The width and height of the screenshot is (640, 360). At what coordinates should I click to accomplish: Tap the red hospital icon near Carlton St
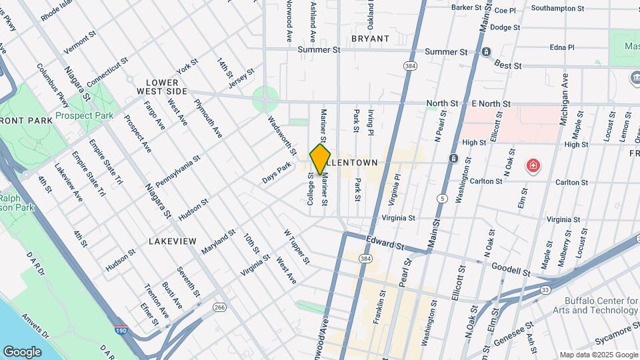(x=533, y=165)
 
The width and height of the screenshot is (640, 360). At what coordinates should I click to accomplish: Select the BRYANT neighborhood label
(x=370, y=39)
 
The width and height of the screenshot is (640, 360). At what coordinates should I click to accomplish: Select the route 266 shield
(x=219, y=307)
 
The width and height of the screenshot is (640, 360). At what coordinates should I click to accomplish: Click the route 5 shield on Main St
(x=442, y=198)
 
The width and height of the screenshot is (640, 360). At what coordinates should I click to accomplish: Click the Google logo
(x=22, y=351)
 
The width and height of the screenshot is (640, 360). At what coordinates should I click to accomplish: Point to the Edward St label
(x=385, y=243)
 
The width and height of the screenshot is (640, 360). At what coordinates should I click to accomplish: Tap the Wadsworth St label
(x=282, y=135)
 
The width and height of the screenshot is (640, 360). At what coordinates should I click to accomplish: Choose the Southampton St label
(x=558, y=9)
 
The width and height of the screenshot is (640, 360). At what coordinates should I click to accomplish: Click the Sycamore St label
(x=613, y=339)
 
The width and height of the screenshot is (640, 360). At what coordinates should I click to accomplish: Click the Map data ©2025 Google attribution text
(x=598, y=355)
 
